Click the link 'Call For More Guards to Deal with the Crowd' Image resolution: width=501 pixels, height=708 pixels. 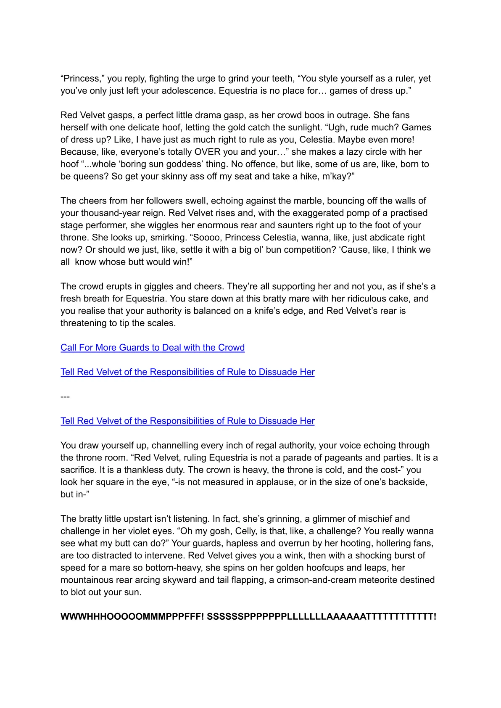tap(153, 348)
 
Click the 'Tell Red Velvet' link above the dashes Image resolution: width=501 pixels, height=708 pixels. tap(187, 372)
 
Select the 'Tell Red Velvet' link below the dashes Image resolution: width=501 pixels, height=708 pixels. tap(187, 421)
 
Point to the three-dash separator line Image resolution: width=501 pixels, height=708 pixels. tap(65, 396)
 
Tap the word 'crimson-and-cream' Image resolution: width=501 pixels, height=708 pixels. tap(313, 580)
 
